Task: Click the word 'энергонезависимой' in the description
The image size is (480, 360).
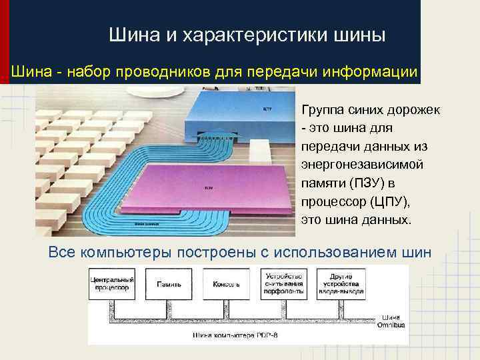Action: click(x=355, y=164)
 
